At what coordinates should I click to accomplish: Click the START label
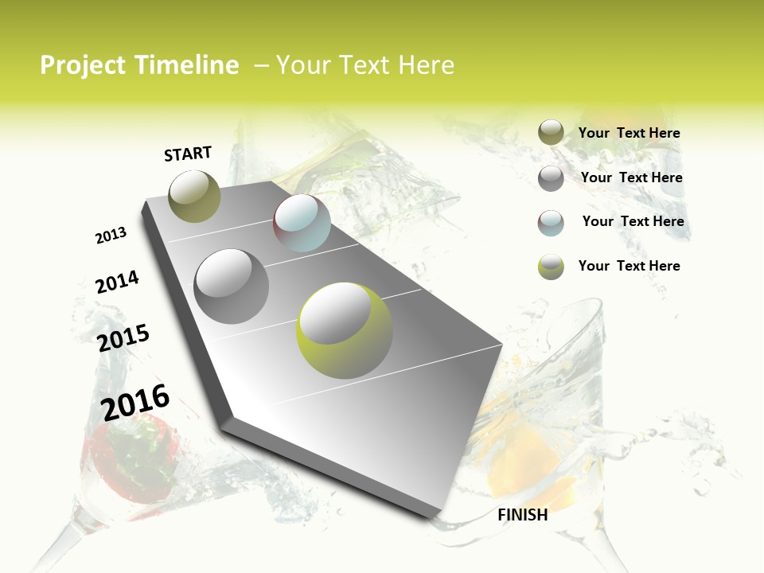188,154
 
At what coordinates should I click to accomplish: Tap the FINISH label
523,515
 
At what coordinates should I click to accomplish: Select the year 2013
111,236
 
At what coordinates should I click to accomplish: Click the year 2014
117,282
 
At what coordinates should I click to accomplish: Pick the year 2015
123,338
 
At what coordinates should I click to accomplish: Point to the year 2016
135,402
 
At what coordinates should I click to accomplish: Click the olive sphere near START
195,196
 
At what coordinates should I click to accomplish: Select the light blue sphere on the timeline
302,223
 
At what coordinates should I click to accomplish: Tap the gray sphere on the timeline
232,286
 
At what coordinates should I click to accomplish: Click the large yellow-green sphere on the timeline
345,330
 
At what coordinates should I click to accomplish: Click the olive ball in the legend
551,133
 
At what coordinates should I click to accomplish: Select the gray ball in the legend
551,178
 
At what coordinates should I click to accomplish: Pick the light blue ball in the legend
551,223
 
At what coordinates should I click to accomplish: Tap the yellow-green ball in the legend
551,267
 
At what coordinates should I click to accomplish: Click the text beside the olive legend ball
629,133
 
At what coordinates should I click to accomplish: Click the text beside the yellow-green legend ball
629,266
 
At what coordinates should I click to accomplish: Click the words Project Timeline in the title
139,65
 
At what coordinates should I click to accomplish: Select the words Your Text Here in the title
364,65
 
